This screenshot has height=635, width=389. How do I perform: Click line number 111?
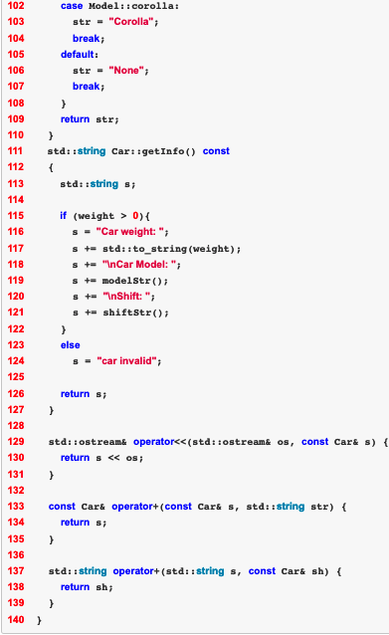tap(16, 150)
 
